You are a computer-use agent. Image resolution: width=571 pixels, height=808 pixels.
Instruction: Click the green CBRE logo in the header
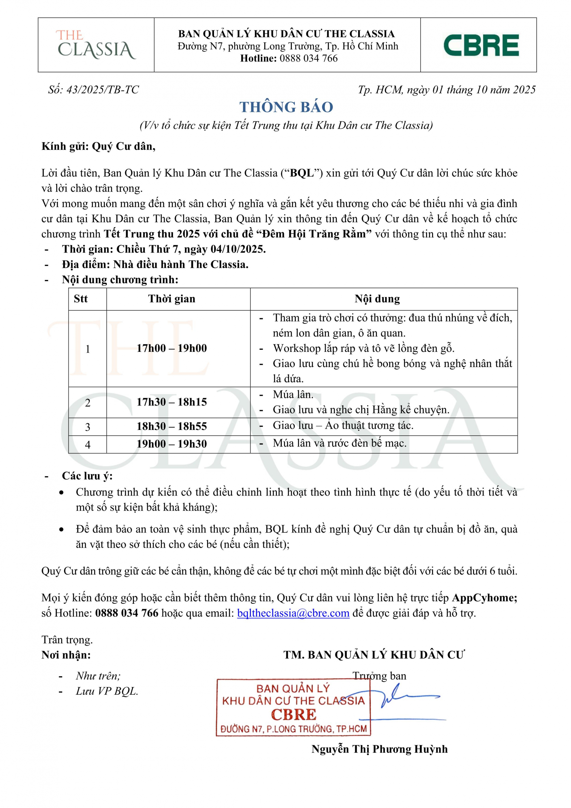tap(481, 45)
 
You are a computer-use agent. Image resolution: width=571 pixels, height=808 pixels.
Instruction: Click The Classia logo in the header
tap(96, 45)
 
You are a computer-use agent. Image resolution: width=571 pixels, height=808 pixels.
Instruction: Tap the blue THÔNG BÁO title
tap(286, 107)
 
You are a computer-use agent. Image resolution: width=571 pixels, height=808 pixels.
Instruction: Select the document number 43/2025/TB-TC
tap(103, 90)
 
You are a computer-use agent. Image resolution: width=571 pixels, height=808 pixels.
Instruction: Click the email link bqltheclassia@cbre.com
tap(293, 613)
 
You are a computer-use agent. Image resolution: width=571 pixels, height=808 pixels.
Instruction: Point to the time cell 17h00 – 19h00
tap(171, 348)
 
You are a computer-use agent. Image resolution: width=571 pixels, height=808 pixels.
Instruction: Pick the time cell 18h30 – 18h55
tap(171, 426)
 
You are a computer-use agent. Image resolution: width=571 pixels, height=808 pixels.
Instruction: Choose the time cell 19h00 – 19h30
tap(171, 444)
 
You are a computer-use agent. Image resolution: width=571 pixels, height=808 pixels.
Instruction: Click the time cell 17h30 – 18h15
tap(171, 402)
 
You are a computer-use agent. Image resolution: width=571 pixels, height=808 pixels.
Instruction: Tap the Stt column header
tap(80, 299)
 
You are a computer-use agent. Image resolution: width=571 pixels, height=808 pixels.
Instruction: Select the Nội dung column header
tap(377, 299)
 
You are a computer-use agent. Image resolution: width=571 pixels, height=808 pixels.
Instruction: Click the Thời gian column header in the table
tap(171, 299)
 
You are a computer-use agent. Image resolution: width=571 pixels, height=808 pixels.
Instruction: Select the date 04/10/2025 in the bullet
tap(238, 249)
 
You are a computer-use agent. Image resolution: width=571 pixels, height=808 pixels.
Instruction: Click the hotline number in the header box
tap(308, 58)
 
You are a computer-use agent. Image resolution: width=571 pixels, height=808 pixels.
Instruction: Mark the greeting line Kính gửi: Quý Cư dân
tap(98, 146)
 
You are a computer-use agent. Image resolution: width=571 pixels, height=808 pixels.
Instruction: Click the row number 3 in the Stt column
tap(88, 427)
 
